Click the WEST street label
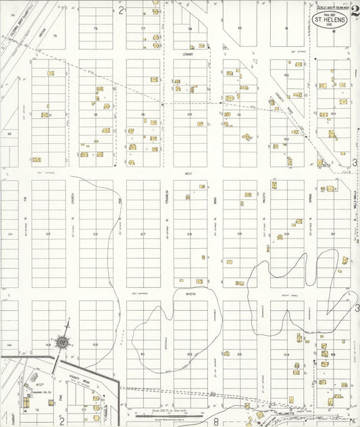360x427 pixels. pyautogui.click(x=188, y=174)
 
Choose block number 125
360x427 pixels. pyautogui.click(x=48, y=234)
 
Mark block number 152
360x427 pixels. pyautogui.click(x=190, y=353)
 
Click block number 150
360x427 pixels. pyautogui.click(x=95, y=345)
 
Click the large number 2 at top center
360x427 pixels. pyautogui.click(x=122, y=10)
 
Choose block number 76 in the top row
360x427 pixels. pyautogui.click(x=95, y=28)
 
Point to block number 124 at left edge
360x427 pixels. pyautogui.click(x=9, y=234)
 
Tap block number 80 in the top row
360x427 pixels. pyautogui.click(x=240, y=28)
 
